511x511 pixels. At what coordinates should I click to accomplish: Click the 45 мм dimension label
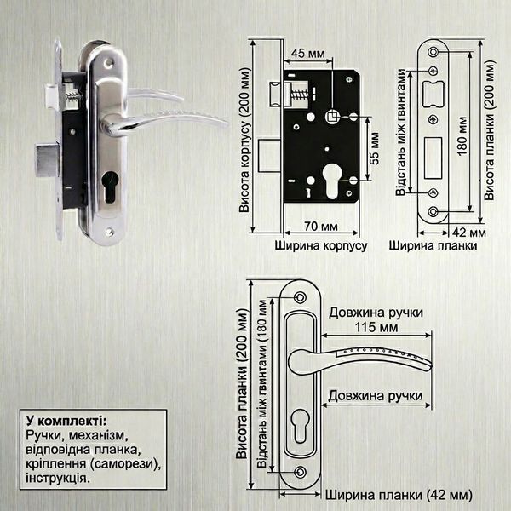[308, 53]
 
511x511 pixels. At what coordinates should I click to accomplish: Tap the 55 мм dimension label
[375, 148]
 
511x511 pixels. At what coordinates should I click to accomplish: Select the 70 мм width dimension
[321, 226]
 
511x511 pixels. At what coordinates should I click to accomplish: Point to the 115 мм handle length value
[376, 327]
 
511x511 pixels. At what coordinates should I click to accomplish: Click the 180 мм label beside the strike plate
[462, 136]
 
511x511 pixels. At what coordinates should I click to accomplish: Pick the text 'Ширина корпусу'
[321, 245]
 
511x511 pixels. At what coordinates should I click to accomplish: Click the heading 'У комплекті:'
[66, 421]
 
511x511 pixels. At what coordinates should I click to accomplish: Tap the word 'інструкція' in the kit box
[57, 478]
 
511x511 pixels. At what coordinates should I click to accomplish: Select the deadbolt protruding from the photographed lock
[47, 160]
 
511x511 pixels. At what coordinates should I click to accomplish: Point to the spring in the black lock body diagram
[299, 95]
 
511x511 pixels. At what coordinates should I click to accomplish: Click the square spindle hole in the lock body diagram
[332, 117]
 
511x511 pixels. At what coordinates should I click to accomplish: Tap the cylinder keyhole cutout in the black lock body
[331, 181]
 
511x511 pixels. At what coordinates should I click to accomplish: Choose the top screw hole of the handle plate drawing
[300, 297]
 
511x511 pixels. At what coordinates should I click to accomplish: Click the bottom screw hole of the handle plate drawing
[300, 472]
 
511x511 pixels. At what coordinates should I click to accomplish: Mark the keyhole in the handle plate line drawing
[300, 426]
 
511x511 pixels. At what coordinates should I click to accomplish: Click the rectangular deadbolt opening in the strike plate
[433, 158]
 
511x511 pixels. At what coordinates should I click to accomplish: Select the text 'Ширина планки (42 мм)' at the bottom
[399, 496]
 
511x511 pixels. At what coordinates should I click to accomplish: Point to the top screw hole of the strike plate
[433, 52]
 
